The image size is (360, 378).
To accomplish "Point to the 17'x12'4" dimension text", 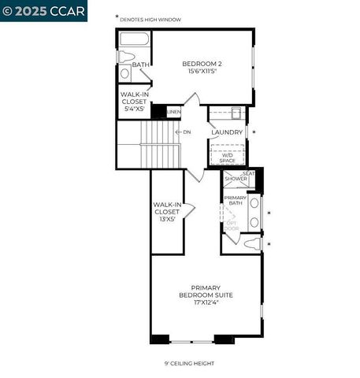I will coord(206,302).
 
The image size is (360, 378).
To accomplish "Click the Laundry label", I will coord(226,132).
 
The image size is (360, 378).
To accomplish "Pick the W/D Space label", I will coord(227,157).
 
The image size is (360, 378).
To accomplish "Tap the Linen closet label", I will coord(174,112).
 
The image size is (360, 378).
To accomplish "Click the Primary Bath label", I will coord(235,201).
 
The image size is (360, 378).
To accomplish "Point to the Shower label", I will coord(236,179).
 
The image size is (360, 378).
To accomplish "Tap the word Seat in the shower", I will coord(249,172).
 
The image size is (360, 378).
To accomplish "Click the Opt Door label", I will coord(232,225).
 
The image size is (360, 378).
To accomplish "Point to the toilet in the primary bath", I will coord(251,245).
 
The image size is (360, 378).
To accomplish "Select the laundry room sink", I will coord(236,113).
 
